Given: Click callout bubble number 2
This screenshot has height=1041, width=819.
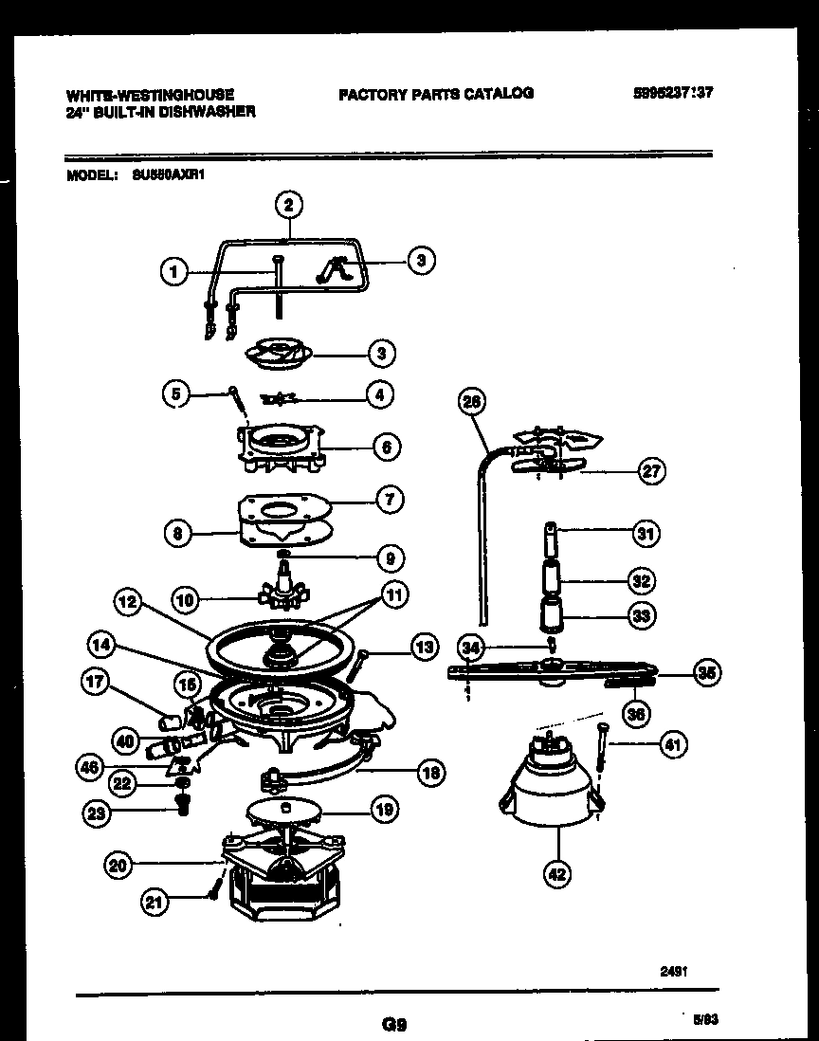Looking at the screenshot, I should tap(289, 203).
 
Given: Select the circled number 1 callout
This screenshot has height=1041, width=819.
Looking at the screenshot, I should tap(173, 272).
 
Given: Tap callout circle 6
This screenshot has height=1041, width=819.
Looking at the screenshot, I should tap(387, 446).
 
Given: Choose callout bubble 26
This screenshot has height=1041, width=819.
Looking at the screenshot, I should tap(472, 402).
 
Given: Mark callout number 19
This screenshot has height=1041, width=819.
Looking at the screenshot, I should tap(384, 809).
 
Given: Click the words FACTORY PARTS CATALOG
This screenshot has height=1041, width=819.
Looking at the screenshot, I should tap(435, 93).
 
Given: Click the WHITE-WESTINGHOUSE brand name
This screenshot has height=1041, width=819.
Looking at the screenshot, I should tap(150, 95).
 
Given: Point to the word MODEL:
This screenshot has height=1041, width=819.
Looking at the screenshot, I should tap(92, 175).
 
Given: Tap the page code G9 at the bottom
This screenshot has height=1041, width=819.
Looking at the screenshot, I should tap(394, 1023).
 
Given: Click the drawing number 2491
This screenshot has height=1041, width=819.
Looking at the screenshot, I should tap(674, 971).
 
